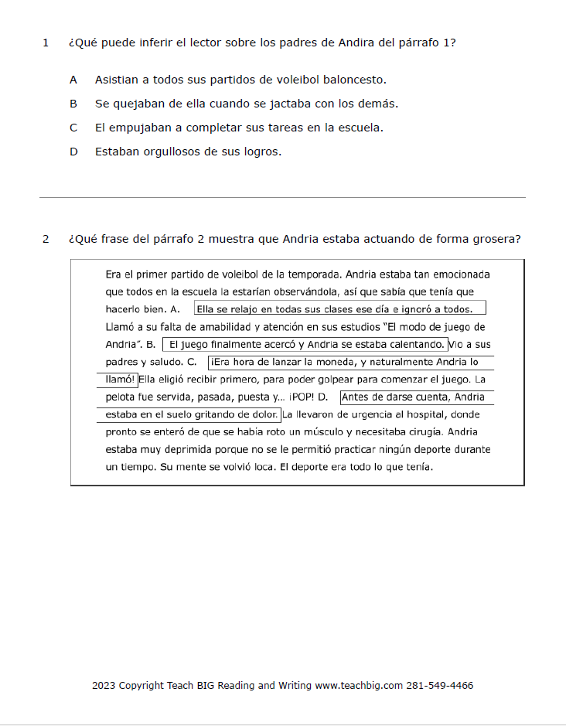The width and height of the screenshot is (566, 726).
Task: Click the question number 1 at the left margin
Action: tap(46, 43)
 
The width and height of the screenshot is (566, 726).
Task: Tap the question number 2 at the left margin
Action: tap(46, 239)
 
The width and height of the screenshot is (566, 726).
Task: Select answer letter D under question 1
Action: tap(73, 152)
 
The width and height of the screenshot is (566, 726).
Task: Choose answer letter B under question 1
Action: tap(73, 104)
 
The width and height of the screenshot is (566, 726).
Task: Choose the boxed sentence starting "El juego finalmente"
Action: tap(305, 344)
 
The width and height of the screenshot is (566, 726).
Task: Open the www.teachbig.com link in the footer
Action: tap(360, 686)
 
